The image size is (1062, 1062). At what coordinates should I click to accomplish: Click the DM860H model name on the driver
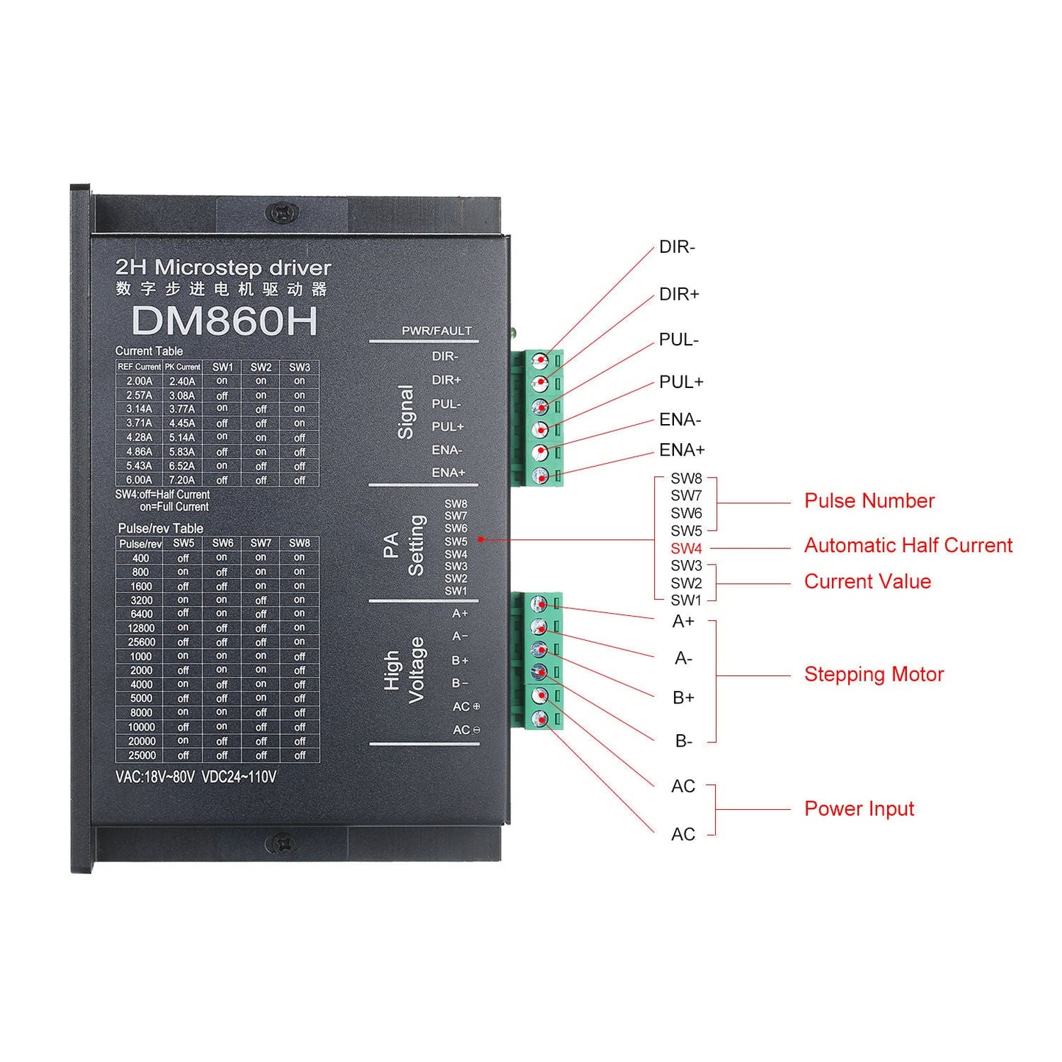(x=224, y=321)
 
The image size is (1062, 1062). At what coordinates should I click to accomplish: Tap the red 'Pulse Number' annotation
(x=869, y=501)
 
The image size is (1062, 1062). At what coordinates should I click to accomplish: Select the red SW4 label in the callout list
(x=686, y=548)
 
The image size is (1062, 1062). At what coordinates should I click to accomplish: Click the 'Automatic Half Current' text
(x=908, y=545)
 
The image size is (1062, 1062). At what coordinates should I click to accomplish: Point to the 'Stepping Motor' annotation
(x=873, y=675)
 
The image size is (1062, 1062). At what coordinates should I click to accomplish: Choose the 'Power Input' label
(x=858, y=809)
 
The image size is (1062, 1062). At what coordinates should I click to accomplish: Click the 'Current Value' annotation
(x=867, y=582)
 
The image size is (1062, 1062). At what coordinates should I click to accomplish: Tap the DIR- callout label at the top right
(x=676, y=247)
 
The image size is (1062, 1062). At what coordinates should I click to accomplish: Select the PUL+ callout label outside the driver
(x=681, y=382)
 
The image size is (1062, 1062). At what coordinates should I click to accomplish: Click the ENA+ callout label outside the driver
(x=681, y=450)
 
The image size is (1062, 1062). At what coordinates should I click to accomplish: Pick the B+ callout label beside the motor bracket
(x=683, y=697)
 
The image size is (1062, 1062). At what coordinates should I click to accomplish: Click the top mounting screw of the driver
(x=281, y=213)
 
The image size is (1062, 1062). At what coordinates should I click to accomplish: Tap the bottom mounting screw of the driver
(x=281, y=843)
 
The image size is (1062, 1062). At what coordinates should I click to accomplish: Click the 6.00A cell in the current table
(x=139, y=480)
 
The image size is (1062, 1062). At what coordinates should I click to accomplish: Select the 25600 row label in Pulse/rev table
(x=141, y=642)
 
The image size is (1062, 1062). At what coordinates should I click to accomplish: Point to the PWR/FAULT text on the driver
(x=436, y=331)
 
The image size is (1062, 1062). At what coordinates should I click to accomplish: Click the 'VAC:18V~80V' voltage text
(x=154, y=777)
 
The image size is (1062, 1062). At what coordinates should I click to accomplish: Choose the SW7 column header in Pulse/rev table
(x=261, y=543)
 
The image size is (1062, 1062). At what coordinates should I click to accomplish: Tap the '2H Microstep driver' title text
(x=223, y=268)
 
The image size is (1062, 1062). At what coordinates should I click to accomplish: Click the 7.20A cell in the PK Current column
(x=182, y=480)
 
